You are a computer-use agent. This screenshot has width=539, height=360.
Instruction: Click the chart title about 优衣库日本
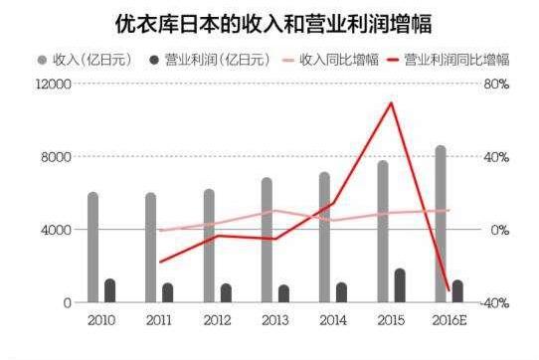(x=269, y=22)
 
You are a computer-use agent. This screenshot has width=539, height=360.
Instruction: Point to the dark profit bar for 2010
(x=110, y=290)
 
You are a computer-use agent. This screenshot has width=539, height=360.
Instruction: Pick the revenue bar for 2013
(x=267, y=240)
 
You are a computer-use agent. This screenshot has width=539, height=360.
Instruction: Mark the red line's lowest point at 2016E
(x=449, y=289)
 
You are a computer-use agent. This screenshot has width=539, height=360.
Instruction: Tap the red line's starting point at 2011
(x=159, y=263)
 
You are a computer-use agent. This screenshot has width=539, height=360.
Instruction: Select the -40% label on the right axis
(x=495, y=302)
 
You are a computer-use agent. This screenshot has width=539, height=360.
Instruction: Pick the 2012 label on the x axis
(x=216, y=321)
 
